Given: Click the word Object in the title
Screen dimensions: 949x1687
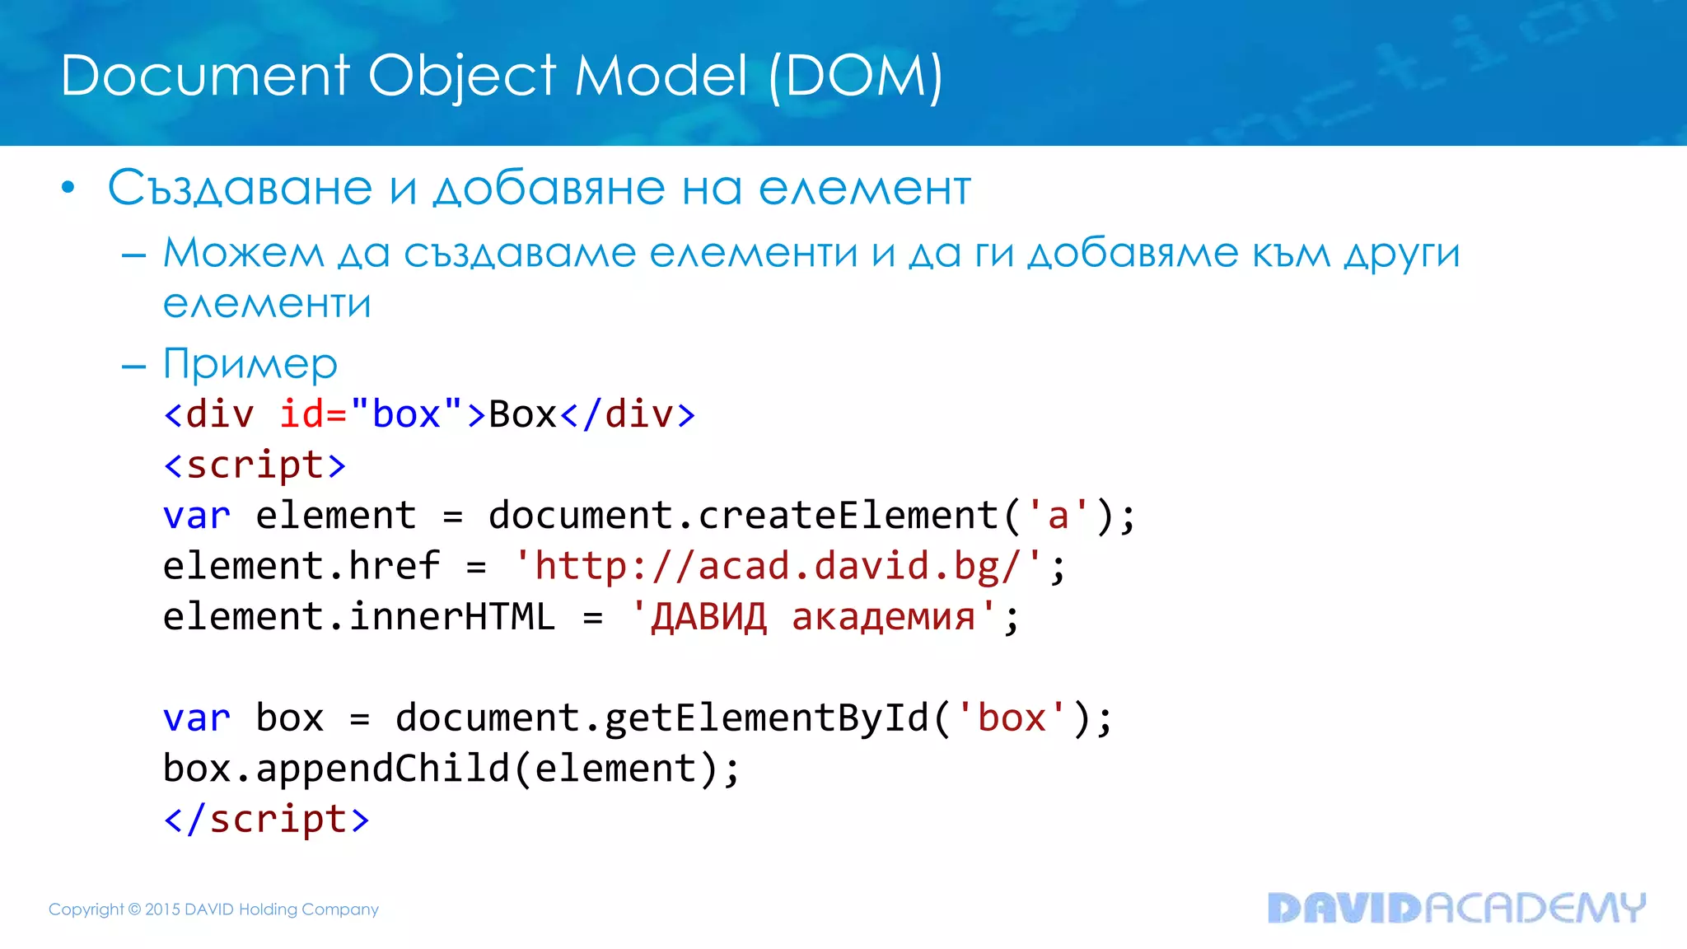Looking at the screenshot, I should (x=461, y=76).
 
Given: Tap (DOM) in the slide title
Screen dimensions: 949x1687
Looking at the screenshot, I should (x=855, y=76).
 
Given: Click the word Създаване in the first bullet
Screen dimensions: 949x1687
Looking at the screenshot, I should (x=240, y=188).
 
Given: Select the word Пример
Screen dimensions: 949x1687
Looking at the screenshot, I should (x=250, y=364).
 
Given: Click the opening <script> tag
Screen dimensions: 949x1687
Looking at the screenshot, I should (x=255, y=465).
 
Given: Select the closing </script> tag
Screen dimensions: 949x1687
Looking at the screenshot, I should (x=266, y=820).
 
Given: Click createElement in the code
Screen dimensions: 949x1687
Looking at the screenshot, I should (x=848, y=516).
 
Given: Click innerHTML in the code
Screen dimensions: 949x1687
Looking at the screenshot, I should (x=452, y=617).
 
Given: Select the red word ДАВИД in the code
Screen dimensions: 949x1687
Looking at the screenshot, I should (x=708, y=617).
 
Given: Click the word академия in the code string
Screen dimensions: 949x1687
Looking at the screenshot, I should (x=883, y=617).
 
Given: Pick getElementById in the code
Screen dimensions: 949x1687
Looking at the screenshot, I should (x=766, y=718).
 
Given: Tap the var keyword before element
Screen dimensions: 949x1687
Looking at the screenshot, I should (x=196, y=516).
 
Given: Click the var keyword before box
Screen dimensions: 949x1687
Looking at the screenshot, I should (x=196, y=718).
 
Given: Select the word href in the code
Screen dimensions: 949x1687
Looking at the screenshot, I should (x=394, y=567).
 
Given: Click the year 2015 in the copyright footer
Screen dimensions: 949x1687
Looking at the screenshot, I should (x=162, y=909).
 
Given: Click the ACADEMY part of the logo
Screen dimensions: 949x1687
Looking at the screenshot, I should (x=1535, y=908).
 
